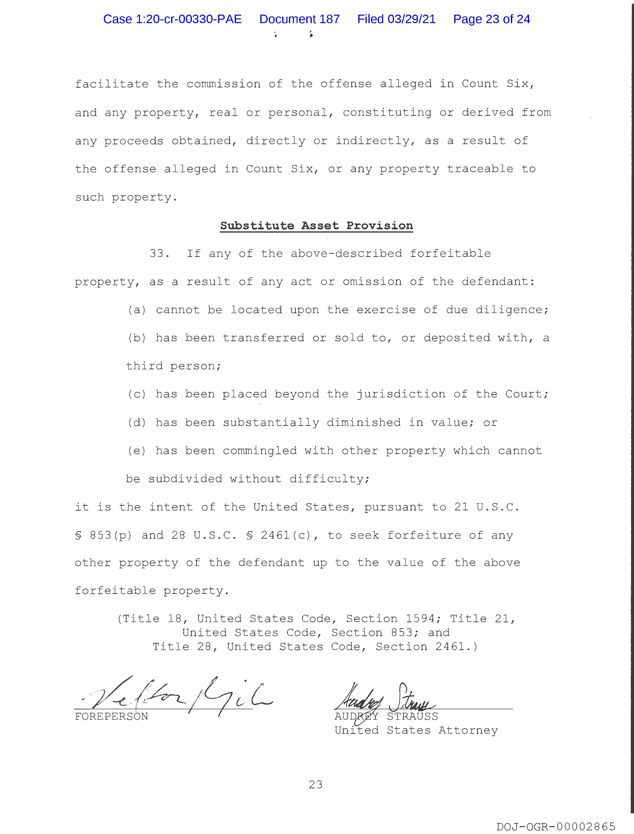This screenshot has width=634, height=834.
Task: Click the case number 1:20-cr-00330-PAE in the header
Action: click(173, 19)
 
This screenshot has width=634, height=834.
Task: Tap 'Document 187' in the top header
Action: click(299, 19)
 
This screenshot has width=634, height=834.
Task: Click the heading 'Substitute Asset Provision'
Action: click(316, 226)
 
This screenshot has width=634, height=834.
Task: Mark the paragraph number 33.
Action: click(159, 253)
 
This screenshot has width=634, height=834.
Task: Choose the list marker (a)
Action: click(136, 310)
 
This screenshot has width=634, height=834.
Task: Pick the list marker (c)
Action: click(136, 394)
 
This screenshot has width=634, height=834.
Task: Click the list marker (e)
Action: click(136, 451)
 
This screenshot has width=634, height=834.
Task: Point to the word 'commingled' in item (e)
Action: click(260, 451)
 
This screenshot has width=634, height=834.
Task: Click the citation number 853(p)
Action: click(111, 536)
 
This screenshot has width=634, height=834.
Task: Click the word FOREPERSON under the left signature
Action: click(111, 716)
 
